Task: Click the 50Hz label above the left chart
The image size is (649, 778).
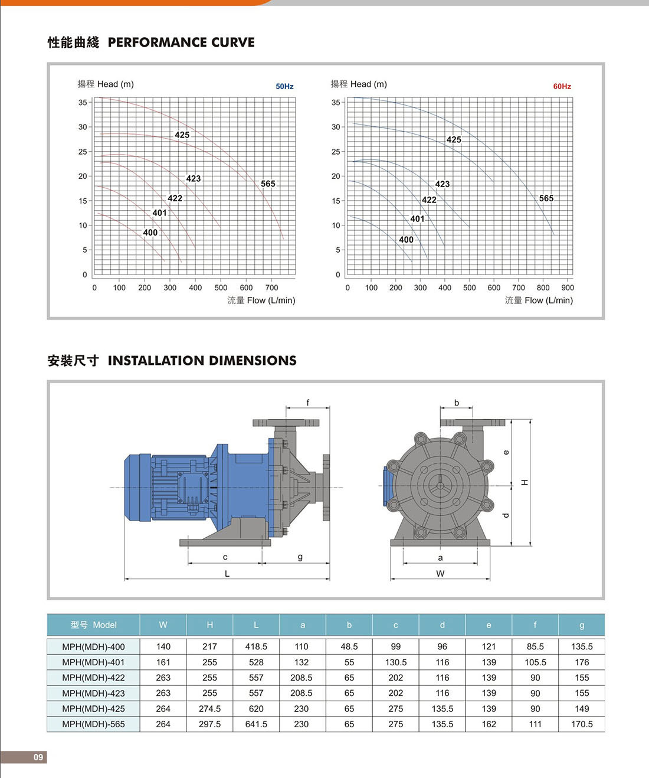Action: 284,86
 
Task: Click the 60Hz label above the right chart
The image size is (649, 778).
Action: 562,86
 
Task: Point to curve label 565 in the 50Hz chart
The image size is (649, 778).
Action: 268,184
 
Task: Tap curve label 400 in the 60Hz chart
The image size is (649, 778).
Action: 406,240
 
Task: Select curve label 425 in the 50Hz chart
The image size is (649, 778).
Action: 182,135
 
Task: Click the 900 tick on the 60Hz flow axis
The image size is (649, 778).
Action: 567,288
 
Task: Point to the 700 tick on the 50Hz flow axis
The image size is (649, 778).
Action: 271,288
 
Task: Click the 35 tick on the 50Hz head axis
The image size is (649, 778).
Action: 83,103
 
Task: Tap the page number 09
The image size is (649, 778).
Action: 38,757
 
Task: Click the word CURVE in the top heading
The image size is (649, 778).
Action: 233,43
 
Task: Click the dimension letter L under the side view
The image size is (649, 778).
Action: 227,574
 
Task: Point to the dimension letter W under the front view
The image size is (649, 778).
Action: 440,574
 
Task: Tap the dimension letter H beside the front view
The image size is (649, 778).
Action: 525,483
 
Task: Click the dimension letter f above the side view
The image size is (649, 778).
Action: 307,403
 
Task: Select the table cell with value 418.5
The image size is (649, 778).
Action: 256,647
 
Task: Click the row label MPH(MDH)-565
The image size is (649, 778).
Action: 93,724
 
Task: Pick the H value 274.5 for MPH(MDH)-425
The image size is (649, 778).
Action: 209,709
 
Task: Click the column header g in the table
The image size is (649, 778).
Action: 582,625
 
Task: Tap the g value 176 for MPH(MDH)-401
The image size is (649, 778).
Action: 582,662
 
